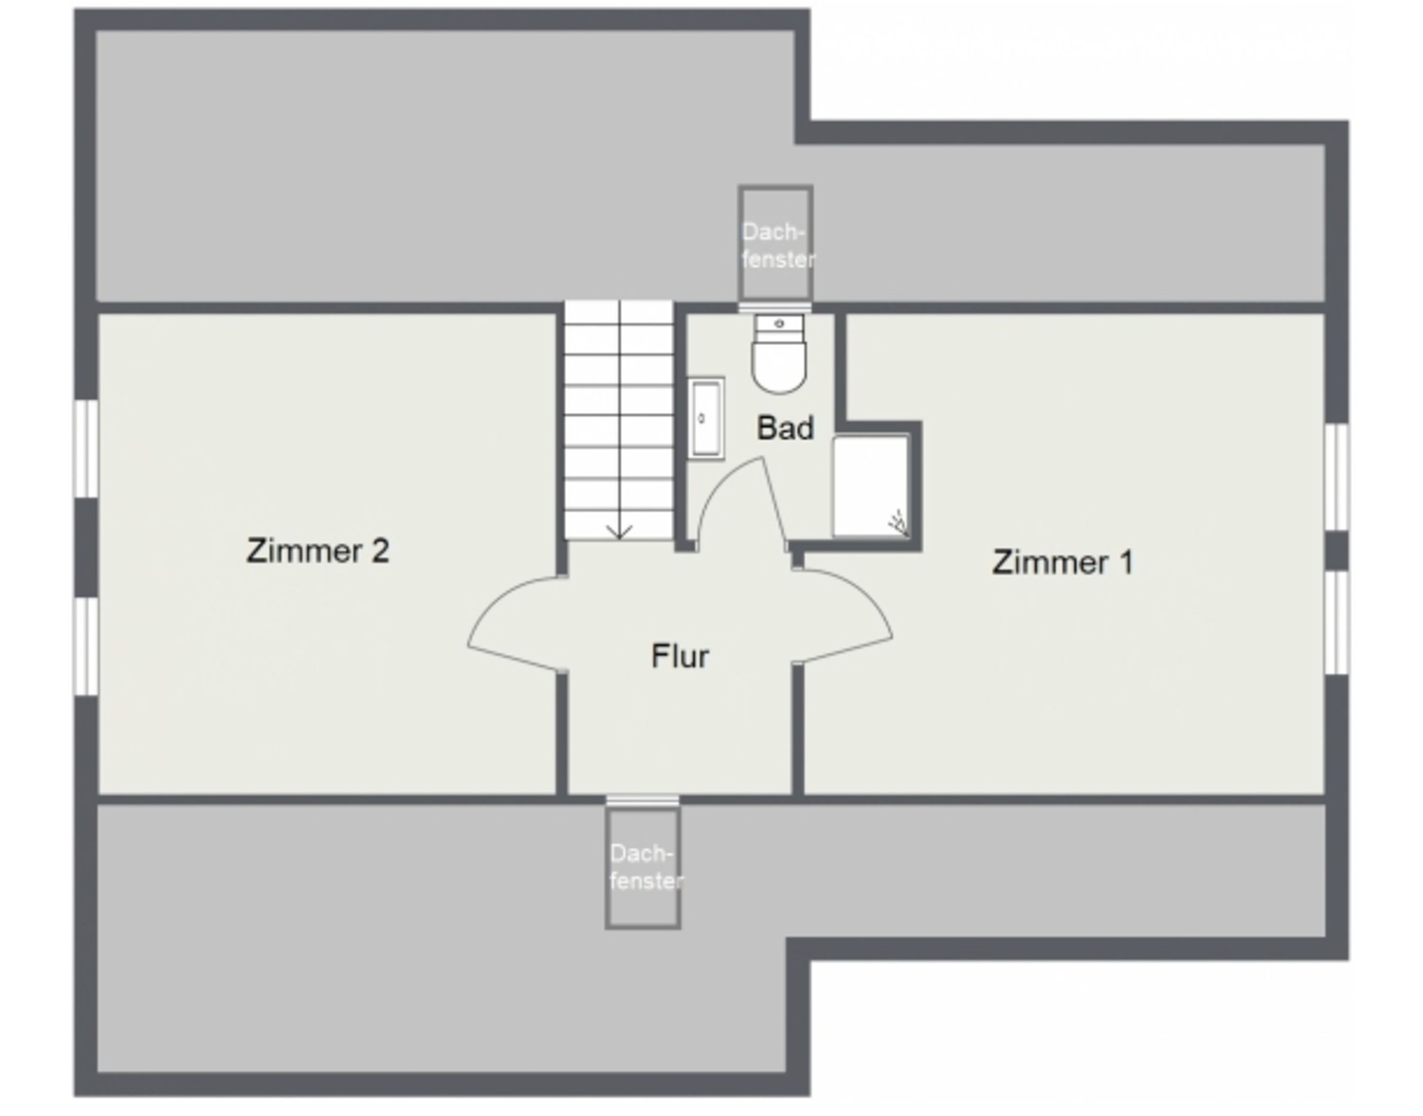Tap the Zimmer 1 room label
pyautogui.click(x=1063, y=562)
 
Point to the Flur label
pyautogui.click(x=680, y=656)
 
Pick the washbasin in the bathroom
pyautogui.click(x=706, y=418)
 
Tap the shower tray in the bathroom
pyautogui.click(x=871, y=486)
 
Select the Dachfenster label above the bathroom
pyautogui.click(x=777, y=246)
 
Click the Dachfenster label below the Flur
pyautogui.click(x=646, y=867)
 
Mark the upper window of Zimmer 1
pyautogui.click(x=1336, y=477)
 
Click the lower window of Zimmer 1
pyautogui.click(x=1336, y=623)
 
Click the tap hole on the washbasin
pyautogui.click(x=702, y=418)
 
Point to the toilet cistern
pyautogui.click(x=779, y=324)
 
